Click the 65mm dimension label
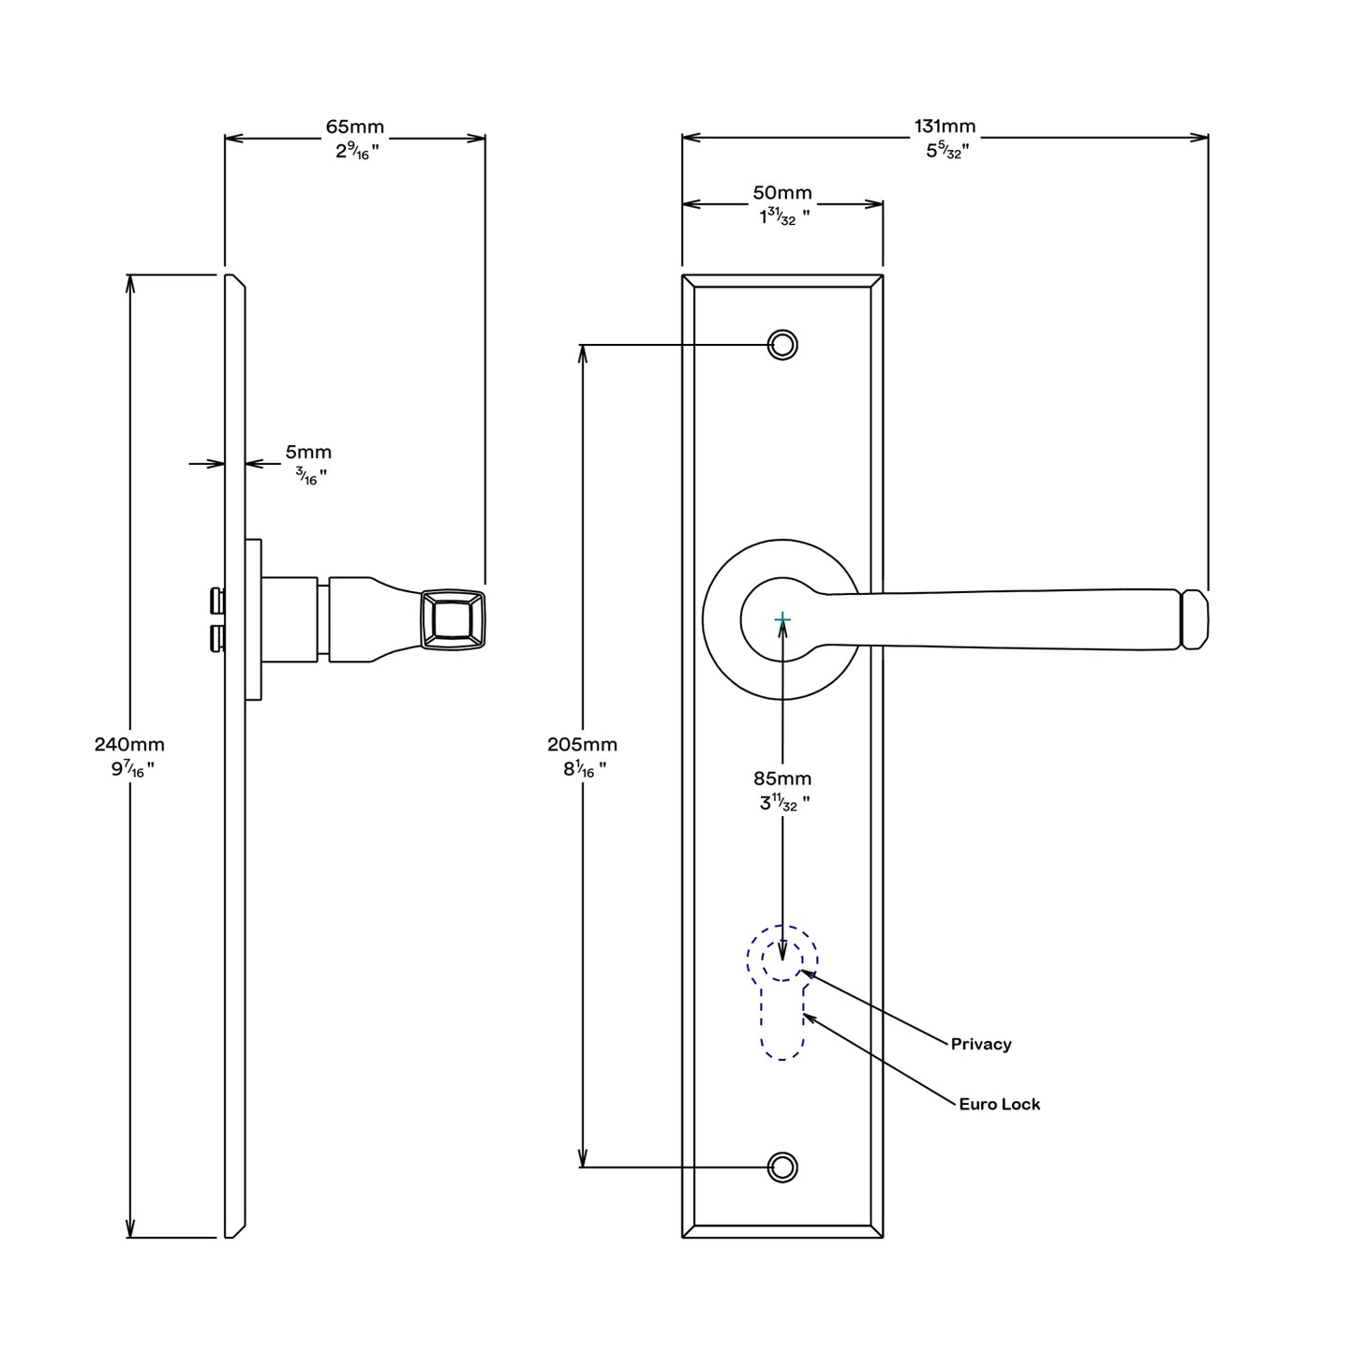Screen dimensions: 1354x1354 (354, 126)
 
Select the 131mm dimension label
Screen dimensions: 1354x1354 (945, 126)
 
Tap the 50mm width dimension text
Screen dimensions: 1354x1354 (782, 193)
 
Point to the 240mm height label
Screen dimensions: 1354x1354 (129, 744)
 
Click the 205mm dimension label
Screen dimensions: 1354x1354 (582, 744)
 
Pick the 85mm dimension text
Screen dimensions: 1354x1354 (782, 778)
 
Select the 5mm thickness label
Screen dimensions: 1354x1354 (308, 453)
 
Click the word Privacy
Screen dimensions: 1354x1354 (981, 1044)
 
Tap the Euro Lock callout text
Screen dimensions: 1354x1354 (999, 1104)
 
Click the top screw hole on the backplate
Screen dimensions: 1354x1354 (782, 345)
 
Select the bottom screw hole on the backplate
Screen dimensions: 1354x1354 (782, 1168)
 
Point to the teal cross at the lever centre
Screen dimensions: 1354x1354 (782, 619)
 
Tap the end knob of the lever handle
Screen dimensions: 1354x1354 (1194, 619)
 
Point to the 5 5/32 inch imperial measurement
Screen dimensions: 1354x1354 (946, 150)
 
